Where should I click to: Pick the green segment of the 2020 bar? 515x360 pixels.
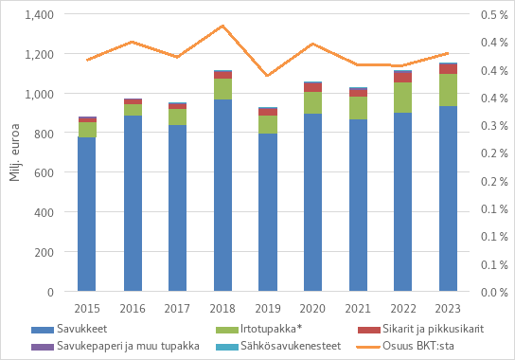[313, 102]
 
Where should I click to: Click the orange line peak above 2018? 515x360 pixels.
[222, 26]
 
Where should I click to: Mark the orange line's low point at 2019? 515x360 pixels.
[268, 76]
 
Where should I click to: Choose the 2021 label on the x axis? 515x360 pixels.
[358, 309]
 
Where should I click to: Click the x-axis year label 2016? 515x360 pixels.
[132, 309]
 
